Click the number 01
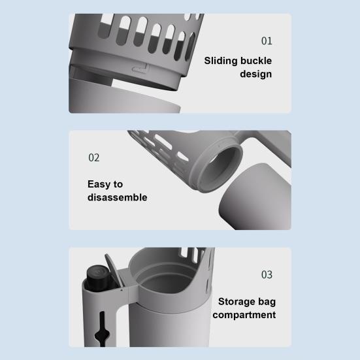[x=267, y=41]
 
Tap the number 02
[x=94, y=157]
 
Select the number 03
[x=267, y=274]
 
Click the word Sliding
[x=221, y=61]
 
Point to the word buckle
[x=256, y=61]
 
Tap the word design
[x=255, y=74]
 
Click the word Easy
[x=99, y=184]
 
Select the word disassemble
[x=118, y=197]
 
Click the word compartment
[x=244, y=315]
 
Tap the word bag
[x=267, y=302]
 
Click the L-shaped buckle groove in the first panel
[x=140, y=68]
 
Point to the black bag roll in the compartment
[x=98, y=276]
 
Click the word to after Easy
[x=118, y=185]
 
